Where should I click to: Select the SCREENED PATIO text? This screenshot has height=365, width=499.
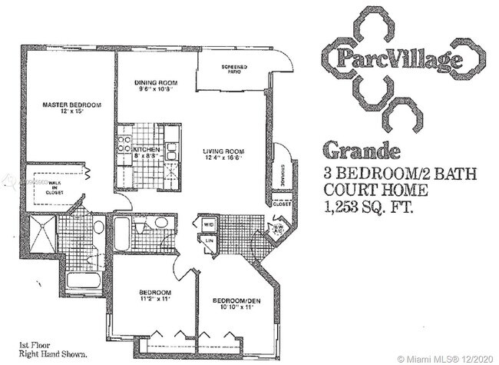click(x=234, y=68)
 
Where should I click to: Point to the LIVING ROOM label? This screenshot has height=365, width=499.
click(x=223, y=151)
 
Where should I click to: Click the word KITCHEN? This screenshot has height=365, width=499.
click(x=148, y=149)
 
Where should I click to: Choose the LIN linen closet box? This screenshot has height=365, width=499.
click(x=209, y=241)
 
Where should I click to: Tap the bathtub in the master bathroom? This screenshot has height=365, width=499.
click(x=84, y=280)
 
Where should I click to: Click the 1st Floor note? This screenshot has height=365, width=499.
click(x=41, y=345)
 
